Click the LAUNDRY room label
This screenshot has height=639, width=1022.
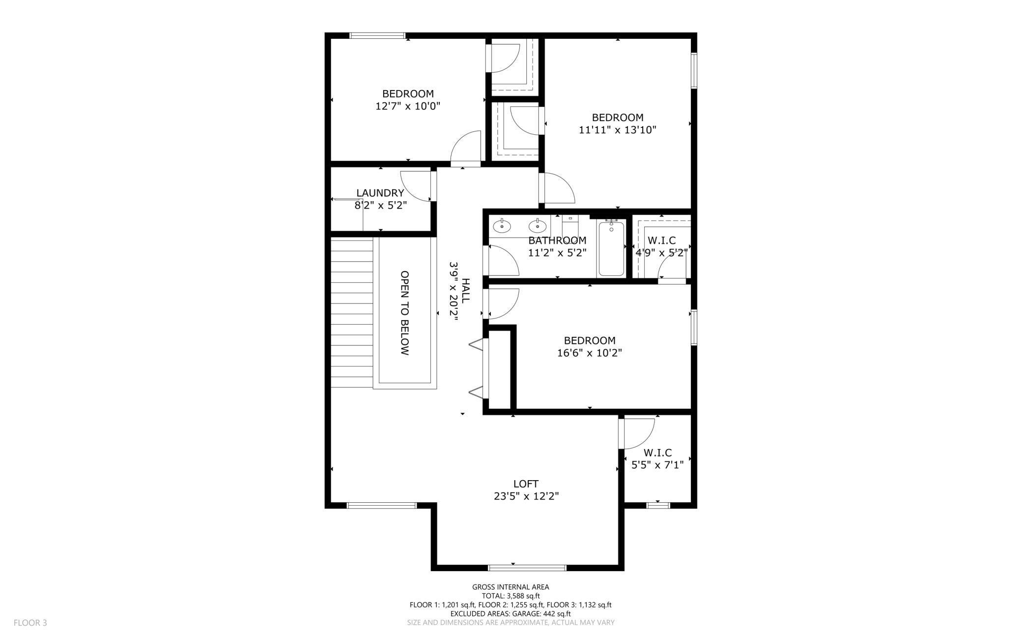point(380,193)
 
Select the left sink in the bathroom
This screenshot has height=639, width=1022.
point(502,226)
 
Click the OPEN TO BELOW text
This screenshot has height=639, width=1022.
point(404,313)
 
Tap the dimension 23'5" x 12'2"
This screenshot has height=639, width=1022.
point(526,496)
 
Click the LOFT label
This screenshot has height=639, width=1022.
point(526,484)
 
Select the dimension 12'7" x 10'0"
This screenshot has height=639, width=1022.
point(408,106)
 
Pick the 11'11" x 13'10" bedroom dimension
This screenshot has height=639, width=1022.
point(618,130)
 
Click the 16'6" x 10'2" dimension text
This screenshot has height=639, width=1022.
point(590,353)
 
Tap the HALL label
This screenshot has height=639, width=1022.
point(465,290)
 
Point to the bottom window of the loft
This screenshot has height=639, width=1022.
point(527,568)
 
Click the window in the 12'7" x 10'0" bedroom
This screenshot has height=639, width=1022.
point(377,35)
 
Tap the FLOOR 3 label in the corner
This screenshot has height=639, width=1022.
point(30,622)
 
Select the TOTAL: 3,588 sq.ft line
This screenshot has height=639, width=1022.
point(511,596)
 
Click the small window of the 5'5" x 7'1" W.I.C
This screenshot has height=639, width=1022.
point(658,505)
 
